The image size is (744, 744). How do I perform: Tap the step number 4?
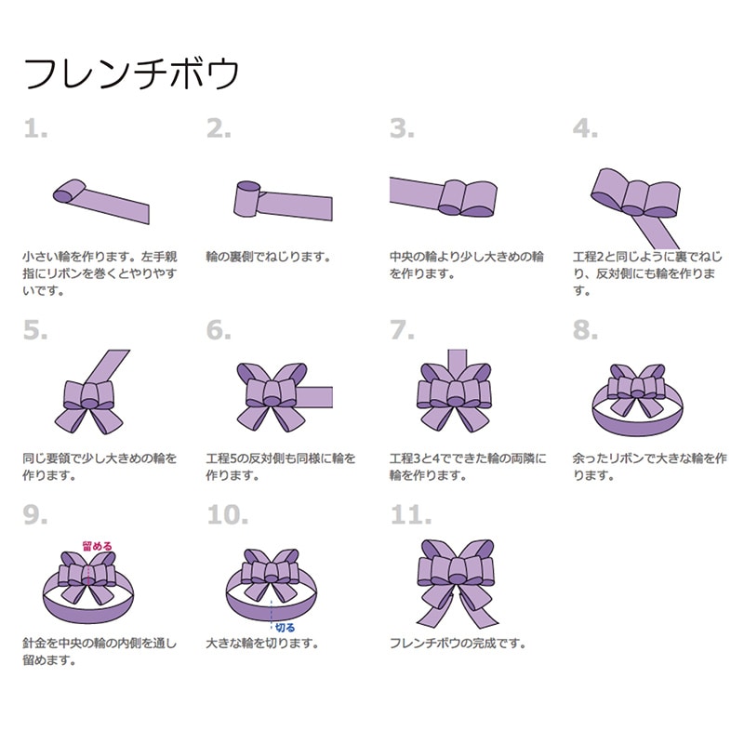click(x=585, y=129)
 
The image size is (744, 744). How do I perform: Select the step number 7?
click(x=401, y=330)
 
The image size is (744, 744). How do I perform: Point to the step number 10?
click(x=228, y=514)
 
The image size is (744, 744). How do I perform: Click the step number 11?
click(x=410, y=514)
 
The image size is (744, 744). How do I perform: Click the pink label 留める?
click(x=98, y=546)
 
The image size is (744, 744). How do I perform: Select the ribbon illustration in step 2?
click(x=279, y=202)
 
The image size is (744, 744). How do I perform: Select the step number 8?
click(x=585, y=330)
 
